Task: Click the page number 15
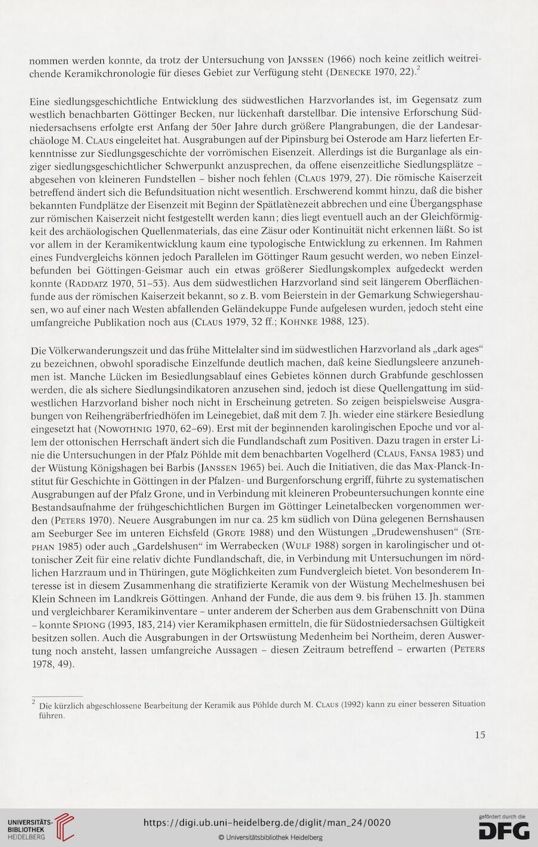(x=479, y=735)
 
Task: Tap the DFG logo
(x=504, y=831)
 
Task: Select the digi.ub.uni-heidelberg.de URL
(x=267, y=823)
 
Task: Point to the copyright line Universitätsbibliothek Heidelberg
(x=270, y=837)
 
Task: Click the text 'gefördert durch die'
(x=502, y=816)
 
